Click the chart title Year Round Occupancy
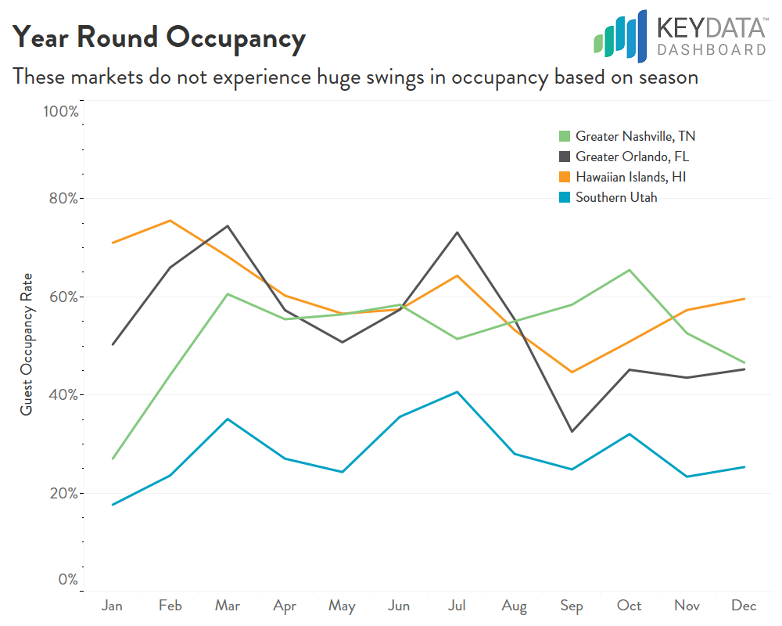click(x=159, y=38)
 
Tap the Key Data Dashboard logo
click(x=680, y=36)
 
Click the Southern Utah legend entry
click(x=616, y=197)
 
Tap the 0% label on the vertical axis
click(x=67, y=580)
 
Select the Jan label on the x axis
click(x=113, y=606)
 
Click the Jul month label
click(x=457, y=606)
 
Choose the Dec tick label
click(x=743, y=606)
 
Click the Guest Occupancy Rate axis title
click(x=27, y=344)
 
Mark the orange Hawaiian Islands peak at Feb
click(x=170, y=221)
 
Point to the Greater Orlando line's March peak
click(x=228, y=226)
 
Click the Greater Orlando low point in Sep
click(x=572, y=431)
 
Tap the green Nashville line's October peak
click(x=629, y=270)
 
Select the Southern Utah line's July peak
click(x=457, y=392)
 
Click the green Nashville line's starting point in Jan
click(x=113, y=459)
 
